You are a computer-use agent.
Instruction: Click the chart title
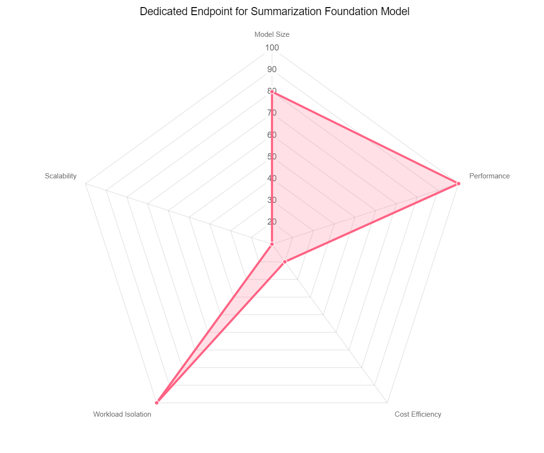click(x=274, y=12)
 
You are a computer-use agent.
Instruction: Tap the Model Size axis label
click(x=272, y=34)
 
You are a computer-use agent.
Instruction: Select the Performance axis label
click(x=489, y=176)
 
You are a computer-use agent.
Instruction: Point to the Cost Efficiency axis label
click(x=417, y=414)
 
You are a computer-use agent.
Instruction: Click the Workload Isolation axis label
click(x=122, y=414)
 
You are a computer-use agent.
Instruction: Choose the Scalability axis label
click(x=60, y=176)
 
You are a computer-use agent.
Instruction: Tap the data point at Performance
click(x=458, y=184)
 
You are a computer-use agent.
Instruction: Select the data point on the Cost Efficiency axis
click(x=285, y=261)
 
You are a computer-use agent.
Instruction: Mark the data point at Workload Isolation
click(x=157, y=403)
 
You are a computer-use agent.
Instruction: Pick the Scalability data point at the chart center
click(x=272, y=244)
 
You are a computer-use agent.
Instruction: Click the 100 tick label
click(x=272, y=48)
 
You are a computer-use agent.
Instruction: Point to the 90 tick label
click(x=272, y=69)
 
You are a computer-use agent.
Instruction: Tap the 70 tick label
click(x=272, y=113)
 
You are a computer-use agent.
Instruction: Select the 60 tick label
click(x=272, y=135)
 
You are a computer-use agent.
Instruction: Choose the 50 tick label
click(x=272, y=157)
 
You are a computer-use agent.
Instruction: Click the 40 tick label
click(x=272, y=178)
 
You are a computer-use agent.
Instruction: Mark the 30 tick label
click(x=272, y=200)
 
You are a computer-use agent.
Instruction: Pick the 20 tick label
click(x=272, y=222)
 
